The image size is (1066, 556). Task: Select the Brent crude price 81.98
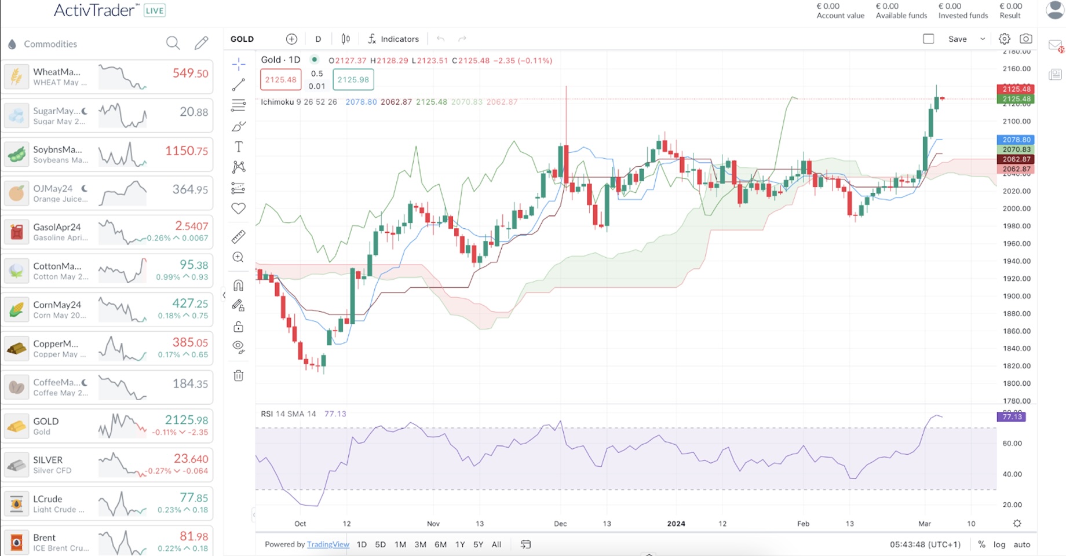click(194, 536)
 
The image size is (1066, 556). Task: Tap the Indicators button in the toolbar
click(393, 39)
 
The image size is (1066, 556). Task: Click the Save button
click(957, 39)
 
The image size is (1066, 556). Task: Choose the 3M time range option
click(420, 544)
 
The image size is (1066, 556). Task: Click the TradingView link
click(328, 544)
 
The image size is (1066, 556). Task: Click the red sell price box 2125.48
click(281, 79)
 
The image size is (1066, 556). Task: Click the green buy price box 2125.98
click(353, 79)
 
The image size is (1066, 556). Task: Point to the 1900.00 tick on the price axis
click(1017, 296)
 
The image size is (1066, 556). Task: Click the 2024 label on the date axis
click(676, 524)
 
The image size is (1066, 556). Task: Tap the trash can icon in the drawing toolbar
click(238, 376)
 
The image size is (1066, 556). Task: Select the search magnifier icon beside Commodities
click(173, 43)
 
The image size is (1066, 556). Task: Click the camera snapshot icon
click(1025, 39)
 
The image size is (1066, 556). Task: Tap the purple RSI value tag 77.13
click(1011, 417)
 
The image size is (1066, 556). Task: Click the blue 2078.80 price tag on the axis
click(1016, 140)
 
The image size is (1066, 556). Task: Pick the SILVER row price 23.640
click(191, 459)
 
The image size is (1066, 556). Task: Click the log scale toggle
click(999, 544)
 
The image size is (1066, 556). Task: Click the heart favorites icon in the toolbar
click(238, 209)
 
